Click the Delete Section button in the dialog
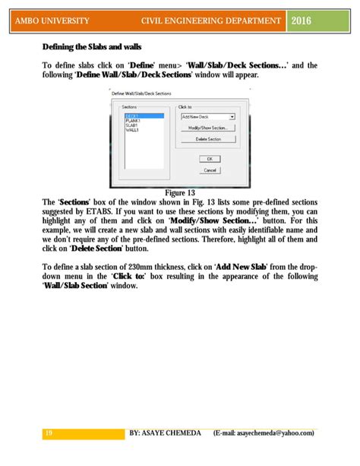pos(208,140)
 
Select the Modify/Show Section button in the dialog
pos(208,128)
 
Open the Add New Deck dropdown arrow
pos(232,117)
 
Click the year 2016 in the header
pos(302,20)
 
